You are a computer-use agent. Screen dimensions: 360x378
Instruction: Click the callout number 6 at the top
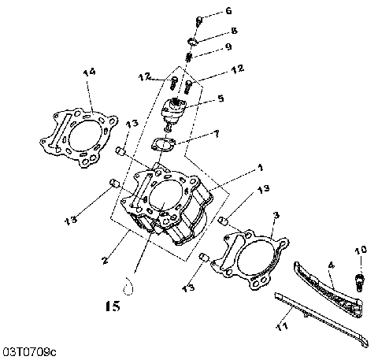pyautogui.click(x=228, y=11)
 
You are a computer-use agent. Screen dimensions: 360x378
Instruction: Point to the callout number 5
pyautogui.click(x=220, y=99)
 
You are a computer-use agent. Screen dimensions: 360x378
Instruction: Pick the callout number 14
pyautogui.click(x=89, y=73)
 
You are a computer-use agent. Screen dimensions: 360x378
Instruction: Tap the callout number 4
pyautogui.click(x=332, y=266)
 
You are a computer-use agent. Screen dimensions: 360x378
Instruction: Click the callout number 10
pyautogui.click(x=361, y=251)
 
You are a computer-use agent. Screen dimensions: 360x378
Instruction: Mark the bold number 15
pyautogui.click(x=113, y=304)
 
